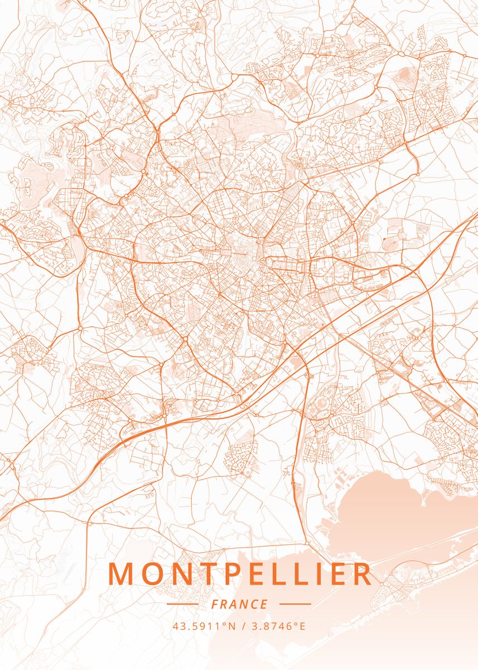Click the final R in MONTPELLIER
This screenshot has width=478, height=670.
361,574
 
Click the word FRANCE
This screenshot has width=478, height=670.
239,604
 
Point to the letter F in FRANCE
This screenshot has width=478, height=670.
215,604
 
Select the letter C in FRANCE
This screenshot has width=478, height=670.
254,604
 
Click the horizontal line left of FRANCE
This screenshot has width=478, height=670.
182,604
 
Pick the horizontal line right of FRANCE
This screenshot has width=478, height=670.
295,604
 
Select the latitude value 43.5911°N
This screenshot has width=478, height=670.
201,626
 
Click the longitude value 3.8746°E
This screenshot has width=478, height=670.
278,626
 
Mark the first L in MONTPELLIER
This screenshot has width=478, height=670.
282,574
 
